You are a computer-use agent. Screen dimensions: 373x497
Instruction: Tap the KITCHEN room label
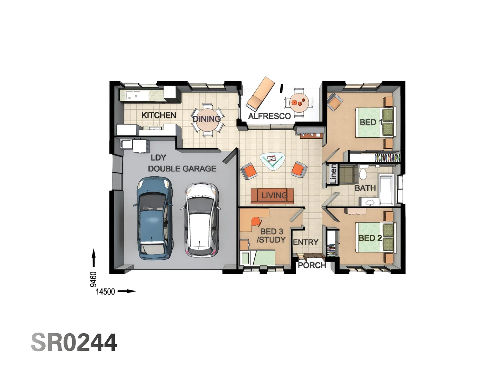[x=159, y=115]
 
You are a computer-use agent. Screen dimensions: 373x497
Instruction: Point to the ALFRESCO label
[x=269, y=116]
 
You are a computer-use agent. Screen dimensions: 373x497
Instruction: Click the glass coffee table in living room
[x=273, y=161]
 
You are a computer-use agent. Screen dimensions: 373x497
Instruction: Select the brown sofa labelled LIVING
[x=272, y=196]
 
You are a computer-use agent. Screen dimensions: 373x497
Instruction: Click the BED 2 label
[x=370, y=238]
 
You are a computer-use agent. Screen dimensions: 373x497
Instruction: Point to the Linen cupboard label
[x=333, y=174]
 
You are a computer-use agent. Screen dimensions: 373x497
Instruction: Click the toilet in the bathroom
[x=363, y=173]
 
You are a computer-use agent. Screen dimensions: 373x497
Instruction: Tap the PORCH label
[x=312, y=265]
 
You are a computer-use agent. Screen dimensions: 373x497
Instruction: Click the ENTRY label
[x=305, y=242]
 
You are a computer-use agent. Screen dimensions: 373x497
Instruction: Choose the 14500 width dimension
[x=105, y=292]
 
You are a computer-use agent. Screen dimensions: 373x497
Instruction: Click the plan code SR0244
[x=74, y=342]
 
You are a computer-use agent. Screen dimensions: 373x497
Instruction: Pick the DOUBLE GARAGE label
[x=182, y=169]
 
